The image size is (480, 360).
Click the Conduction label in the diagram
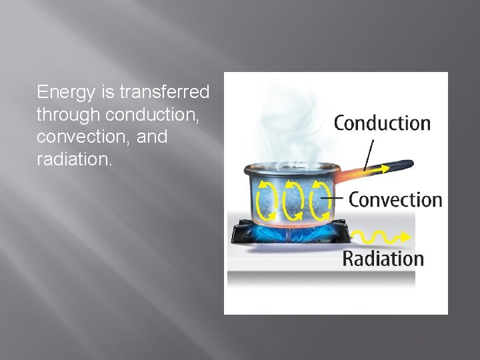coord(382,123)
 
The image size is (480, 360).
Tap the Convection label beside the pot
coord(395,199)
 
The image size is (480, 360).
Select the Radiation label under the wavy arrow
coord(383,259)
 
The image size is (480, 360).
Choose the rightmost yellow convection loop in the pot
coord(318,199)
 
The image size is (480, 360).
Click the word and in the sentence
coord(153,137)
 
